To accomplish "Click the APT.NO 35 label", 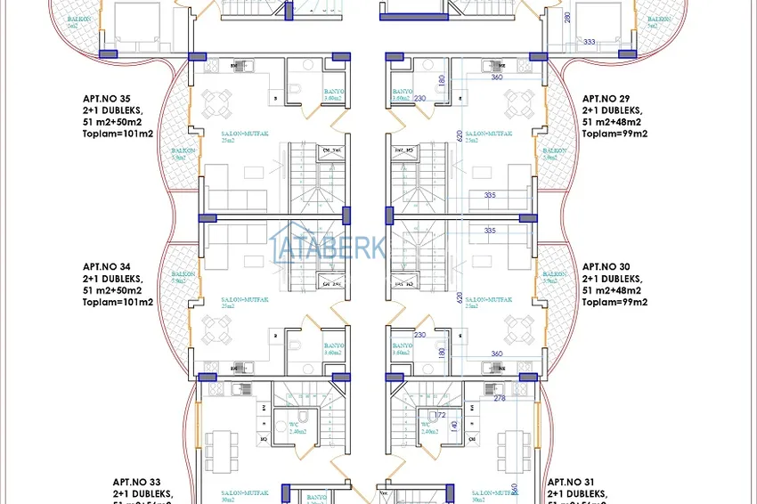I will point(106,100).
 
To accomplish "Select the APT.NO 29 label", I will point(606,100).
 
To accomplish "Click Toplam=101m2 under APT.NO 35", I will point(118,134).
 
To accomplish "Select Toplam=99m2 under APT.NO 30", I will point(615,302).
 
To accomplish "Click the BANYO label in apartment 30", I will point(402,345).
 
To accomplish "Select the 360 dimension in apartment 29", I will point(497,77).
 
